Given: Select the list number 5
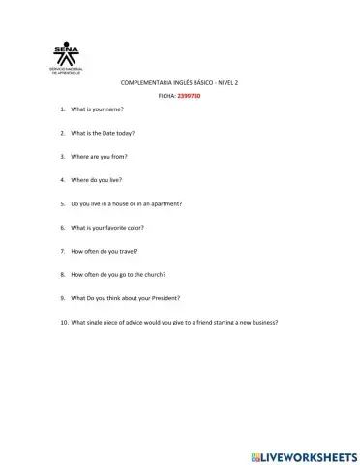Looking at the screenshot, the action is (63, 203).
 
